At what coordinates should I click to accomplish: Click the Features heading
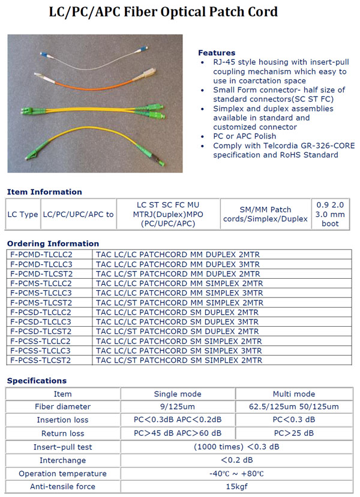[217, 53]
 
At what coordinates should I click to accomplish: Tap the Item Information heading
[44, 192]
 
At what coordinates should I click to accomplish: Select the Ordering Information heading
[53, 243]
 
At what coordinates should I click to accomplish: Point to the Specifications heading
[37, 381]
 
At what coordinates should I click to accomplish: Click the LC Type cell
[22, 214]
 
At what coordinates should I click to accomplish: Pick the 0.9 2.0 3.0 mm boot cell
[330, 214]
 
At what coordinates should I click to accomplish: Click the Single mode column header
[178, 394]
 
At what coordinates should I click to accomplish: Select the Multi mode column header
[293, 394]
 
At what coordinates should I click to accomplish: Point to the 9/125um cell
[178, 407]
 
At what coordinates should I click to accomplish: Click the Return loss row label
[62, 433]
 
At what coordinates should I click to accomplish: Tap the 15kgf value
[236, 486]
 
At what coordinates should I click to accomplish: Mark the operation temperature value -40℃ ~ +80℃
[236, 473]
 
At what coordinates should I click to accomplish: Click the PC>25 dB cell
[293, 433]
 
